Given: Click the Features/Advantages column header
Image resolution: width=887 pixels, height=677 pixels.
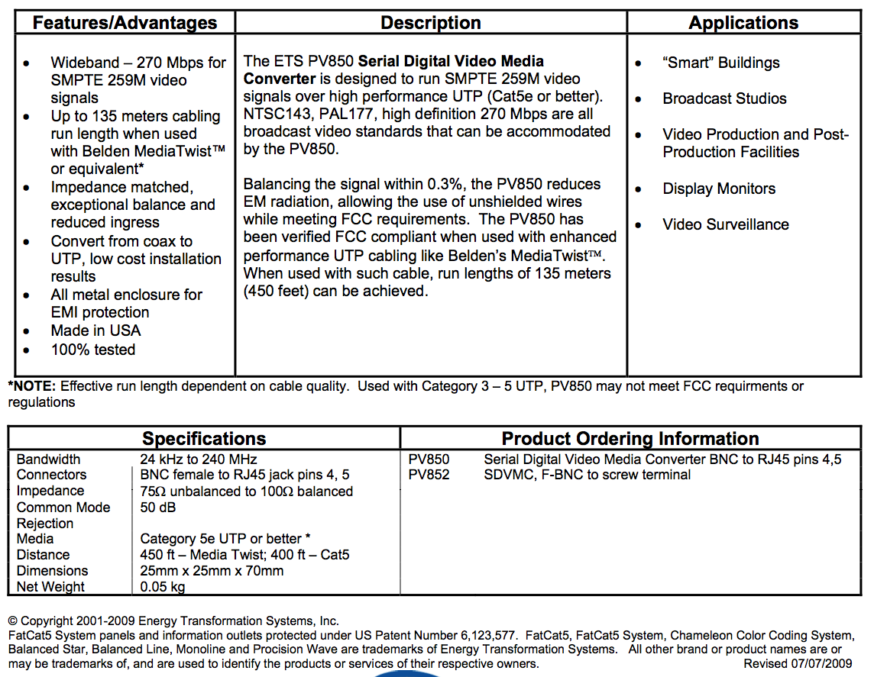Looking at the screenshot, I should tap(125, 23).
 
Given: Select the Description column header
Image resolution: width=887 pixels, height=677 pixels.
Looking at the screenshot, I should tap(431, 23).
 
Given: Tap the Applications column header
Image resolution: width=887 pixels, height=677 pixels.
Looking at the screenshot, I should tap(743, 23).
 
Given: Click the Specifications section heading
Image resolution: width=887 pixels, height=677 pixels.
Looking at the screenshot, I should tap(204, 439).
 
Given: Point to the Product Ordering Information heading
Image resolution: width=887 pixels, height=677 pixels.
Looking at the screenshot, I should tap(630, 439).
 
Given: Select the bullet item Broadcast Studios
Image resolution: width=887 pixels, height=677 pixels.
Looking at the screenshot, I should tap(724, 98).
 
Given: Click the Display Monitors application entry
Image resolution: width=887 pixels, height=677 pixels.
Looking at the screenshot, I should tap(719, 189).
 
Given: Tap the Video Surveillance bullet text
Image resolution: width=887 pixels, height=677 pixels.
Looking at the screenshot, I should tap(726, 224).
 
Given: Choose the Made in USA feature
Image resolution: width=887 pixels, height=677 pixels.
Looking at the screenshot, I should tap(95, 330).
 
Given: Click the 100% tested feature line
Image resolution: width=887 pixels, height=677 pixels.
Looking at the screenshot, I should tap(92, 350).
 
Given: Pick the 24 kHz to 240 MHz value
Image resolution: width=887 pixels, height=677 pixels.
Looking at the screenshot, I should tap(199, 459).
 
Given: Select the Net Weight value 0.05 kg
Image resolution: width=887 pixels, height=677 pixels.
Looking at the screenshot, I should tap(163, 587).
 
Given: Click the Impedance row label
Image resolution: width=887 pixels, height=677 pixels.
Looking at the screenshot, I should tap(50, 491).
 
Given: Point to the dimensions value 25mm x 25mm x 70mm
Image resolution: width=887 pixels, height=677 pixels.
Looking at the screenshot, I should tap(212, 571).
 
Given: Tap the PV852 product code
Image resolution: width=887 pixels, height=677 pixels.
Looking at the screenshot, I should tap(429, 475).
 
